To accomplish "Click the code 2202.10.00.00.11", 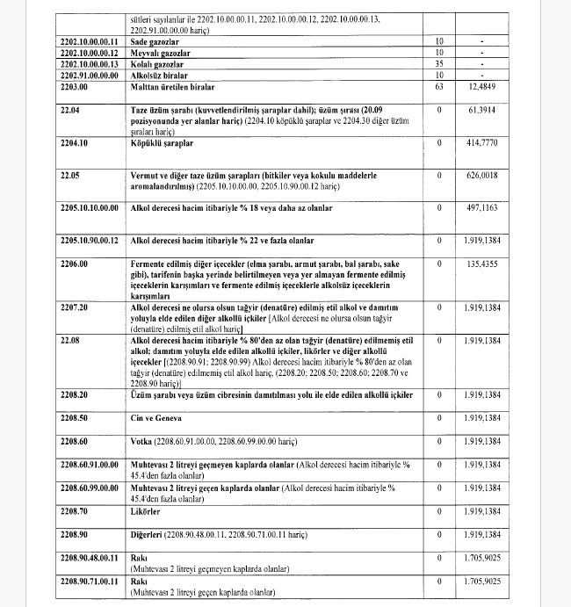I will [x=89, y=42].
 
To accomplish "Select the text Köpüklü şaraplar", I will [x=161, y=142].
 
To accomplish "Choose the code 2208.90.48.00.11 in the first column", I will [x=89, y=557].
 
